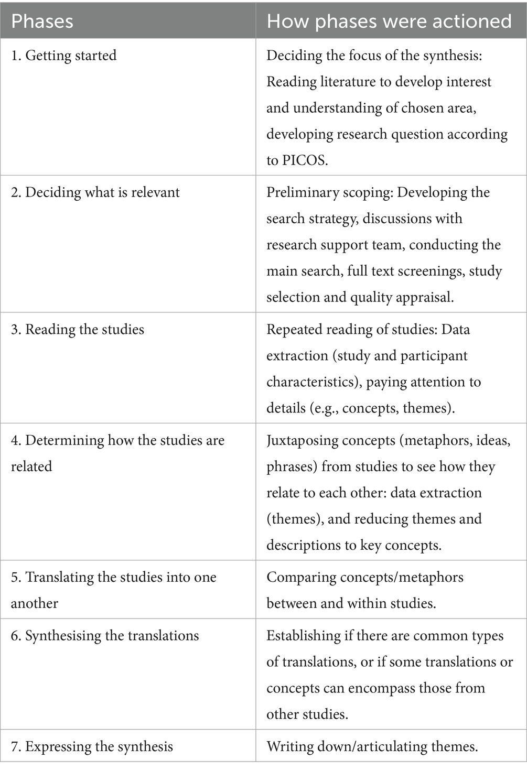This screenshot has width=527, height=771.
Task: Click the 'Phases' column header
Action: pyautogui.click(x=42, y=21)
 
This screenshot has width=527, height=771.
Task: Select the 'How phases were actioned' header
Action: pyautogui.click(x=389, y=21)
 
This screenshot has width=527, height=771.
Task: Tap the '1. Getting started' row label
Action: pyautogui.click(x=63, y=56)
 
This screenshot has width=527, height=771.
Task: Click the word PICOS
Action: pyautogui.click(x=305, y=160)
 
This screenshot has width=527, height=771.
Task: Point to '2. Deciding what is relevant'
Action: pyautogui.click(x=95, y=192)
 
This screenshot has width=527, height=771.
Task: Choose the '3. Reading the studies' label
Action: pyautogui.click(x=77, y=330)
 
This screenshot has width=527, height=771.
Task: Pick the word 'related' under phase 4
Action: pyautogui.click(x=31, y=466)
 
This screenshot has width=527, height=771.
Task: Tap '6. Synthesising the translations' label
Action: pyautogui.click(x=105, y=636)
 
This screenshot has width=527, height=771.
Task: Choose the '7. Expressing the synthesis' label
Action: pyautogui.click(x=92, y=746)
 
